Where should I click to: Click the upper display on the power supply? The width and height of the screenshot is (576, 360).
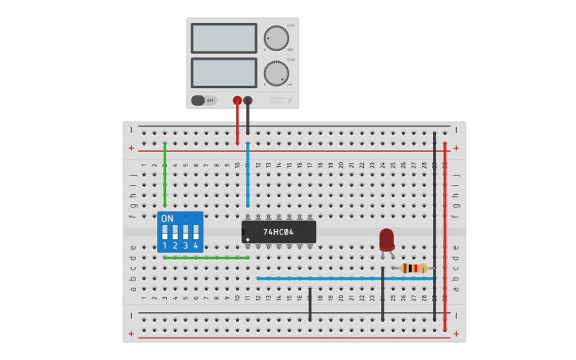tap(224, 38)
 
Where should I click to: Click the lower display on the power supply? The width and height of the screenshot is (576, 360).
tap(224, 73)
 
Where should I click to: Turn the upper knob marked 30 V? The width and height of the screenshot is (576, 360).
tap(276, 38)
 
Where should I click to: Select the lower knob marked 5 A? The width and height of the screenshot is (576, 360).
tap(276, 73)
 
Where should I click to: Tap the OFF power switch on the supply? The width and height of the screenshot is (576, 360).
tap(203, 100)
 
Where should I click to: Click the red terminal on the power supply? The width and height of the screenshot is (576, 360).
tap(237, 101)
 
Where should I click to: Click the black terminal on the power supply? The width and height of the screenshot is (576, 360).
tap(248, 101)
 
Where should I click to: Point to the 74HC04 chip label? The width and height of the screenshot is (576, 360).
tap(279, 232)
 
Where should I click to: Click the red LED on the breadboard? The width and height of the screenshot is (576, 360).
tap(387, 238)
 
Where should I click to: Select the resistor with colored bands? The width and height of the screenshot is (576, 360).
tap(413, 269)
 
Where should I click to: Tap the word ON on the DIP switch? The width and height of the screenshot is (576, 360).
tap(167, 219)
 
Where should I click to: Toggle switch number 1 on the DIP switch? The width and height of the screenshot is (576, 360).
tap(164, 232)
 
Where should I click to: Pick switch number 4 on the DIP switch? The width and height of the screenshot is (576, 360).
tap(195, 232)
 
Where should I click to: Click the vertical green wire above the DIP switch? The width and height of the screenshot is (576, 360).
tap(164, 175)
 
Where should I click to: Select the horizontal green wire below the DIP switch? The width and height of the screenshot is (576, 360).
tap(206, 257)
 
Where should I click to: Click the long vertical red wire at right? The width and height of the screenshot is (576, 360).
tap(445, 238)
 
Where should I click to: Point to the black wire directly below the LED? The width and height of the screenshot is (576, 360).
tap(382, 294)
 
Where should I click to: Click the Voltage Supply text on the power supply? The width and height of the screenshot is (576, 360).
tap(276, 100)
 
